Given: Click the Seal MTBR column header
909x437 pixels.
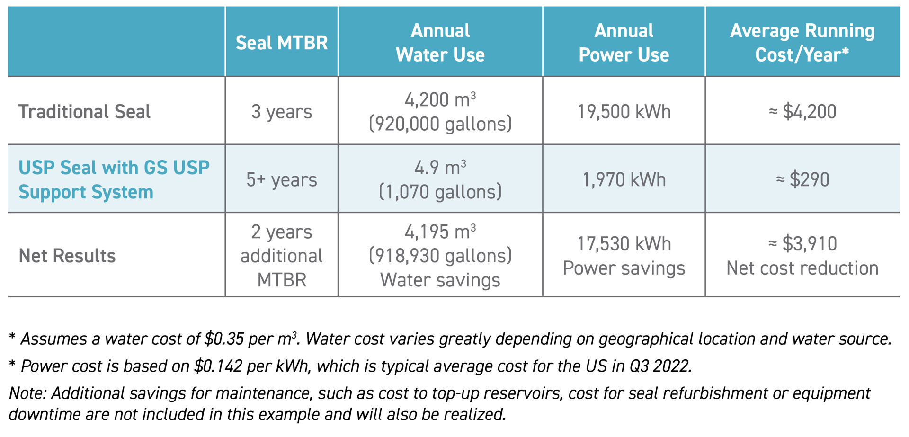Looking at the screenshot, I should coord(282,43).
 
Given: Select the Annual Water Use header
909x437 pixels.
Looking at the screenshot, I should coord(440,43).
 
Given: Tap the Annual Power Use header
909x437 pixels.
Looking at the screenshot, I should coord(624,43).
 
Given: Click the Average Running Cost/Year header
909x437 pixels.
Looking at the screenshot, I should coord(802,43).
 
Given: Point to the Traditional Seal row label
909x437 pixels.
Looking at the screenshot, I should coord(84,112).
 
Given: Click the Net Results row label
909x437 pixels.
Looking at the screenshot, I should coord(67,256).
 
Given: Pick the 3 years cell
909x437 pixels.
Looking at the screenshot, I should coord(282,112).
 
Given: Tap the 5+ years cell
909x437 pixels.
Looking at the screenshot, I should coord(282,180).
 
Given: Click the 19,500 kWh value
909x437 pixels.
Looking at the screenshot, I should coord(624,112).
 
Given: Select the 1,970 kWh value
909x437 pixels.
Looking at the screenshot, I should coord(624,180).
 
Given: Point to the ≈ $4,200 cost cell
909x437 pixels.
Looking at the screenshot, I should coord(802,112).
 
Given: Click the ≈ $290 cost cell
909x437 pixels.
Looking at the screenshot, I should coord(802,180).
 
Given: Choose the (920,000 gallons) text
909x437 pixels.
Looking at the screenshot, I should coord(440,124).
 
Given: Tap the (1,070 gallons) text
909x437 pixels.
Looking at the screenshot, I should coord(440,192).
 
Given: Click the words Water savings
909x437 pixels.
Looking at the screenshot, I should coord(440,280).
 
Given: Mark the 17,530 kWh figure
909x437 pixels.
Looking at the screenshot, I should coord(624,244).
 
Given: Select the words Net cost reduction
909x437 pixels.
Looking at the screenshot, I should coord(802,268).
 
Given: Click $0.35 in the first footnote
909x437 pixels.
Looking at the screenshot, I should coord(224,339).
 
